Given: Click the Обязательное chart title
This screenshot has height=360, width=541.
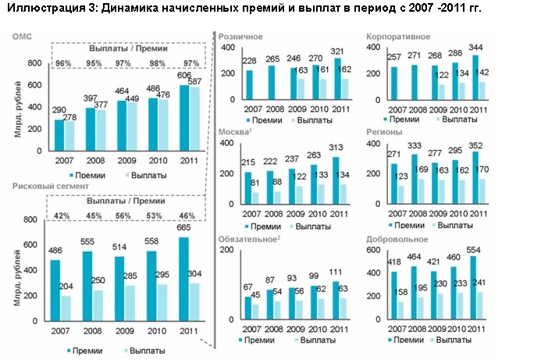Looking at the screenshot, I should click(x=247, y=239).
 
